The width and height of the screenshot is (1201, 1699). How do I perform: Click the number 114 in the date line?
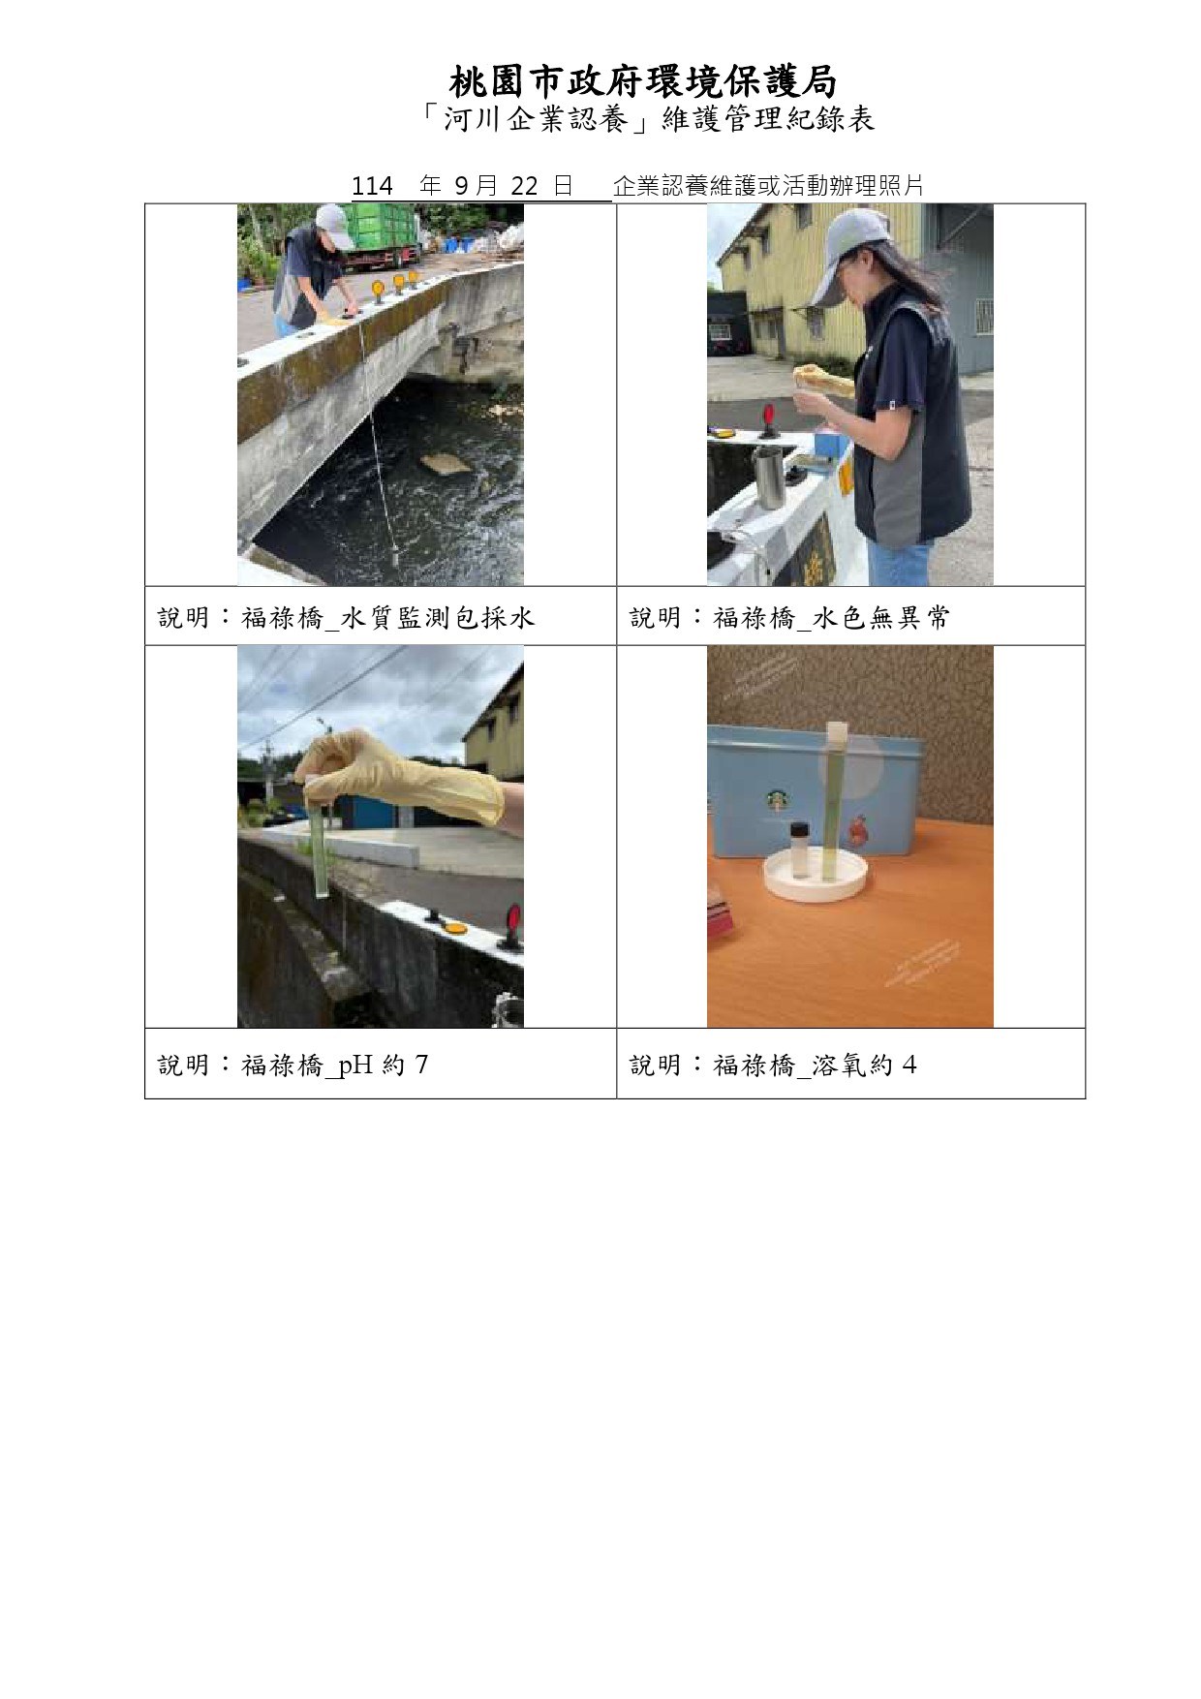371,186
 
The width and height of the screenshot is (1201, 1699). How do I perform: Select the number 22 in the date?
523,186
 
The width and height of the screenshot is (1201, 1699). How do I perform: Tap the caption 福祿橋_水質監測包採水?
387,617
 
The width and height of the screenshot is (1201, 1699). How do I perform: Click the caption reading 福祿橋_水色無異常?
831,617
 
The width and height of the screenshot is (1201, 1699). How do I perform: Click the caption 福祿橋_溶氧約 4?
815,1066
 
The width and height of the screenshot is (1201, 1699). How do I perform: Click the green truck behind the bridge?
382,235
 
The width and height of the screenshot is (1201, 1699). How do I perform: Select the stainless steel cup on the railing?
769,478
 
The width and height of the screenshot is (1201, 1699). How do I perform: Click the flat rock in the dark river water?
447,463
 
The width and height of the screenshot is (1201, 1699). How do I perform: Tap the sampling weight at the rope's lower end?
396,557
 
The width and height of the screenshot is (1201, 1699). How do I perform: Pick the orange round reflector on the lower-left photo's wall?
452,928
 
